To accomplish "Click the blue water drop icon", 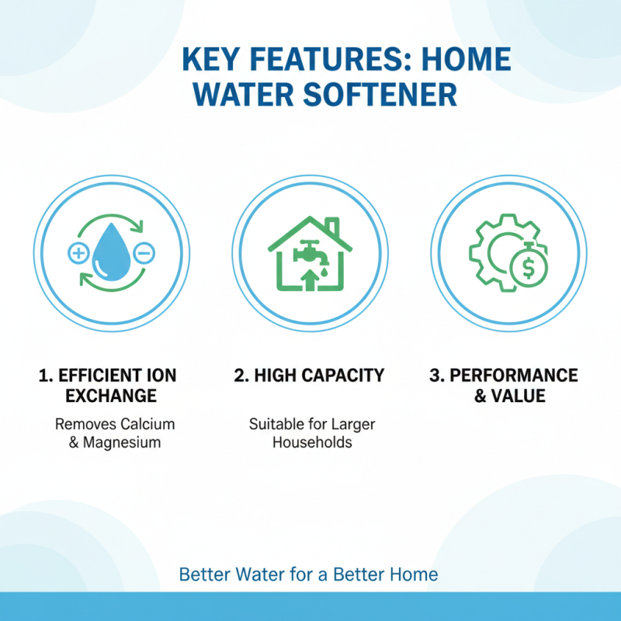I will pyautogui.click(x=111, y=254).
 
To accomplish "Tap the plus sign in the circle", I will pyautogui.click(x=78, y=252).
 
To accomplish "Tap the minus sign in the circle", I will pyautogui.click(x=144, y=252).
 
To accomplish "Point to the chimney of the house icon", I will pyautogui.click(x=332, y=228).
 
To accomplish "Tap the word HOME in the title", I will pyautogui.click(x=467, y=60).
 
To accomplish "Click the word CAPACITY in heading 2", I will pyautogui.click(x=343, y=376).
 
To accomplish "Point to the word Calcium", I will pyautogui.click(x=147, y=425).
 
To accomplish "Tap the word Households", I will pyautogui.click(x=310, y=442).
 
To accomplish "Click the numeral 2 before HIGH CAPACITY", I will pyautogui.click(x=240, y=376).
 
